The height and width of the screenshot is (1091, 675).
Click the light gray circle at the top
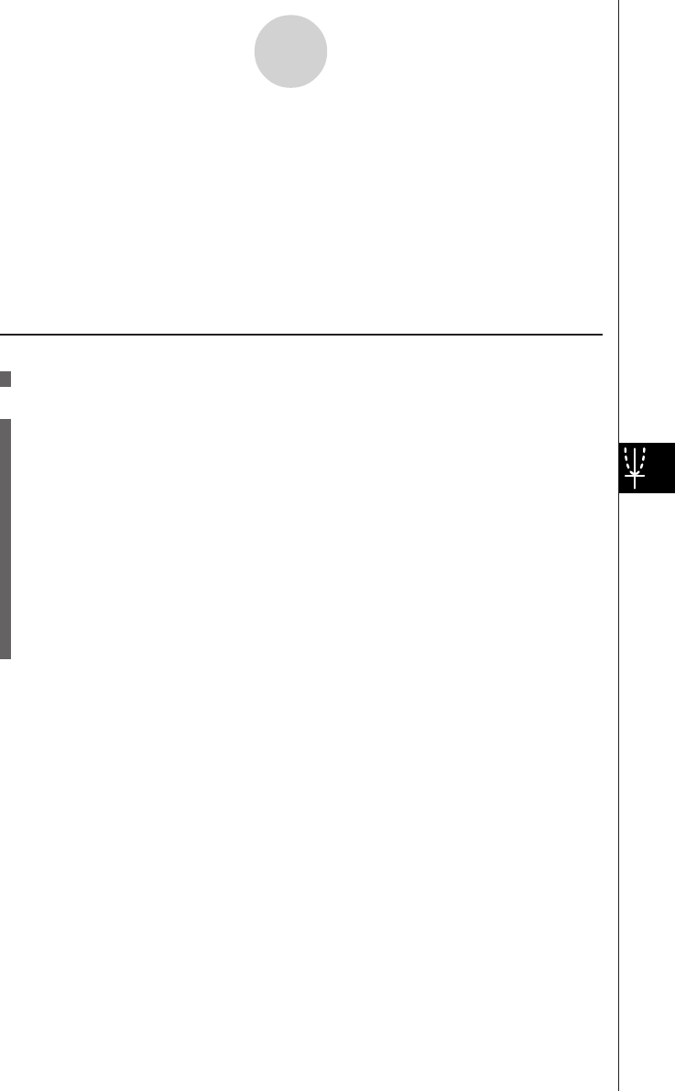(x=290, y=52)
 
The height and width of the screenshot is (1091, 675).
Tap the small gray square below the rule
(x=5, y=379)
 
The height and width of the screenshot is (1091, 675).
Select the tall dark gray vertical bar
(x=5, y=539)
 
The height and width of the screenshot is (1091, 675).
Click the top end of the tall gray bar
(x=5, y=423)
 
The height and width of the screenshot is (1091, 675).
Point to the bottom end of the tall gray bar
(x=5, y=656)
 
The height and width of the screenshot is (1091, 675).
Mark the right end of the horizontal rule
(x=601, y=334)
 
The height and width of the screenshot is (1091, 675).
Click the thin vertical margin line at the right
(x=618, y=733)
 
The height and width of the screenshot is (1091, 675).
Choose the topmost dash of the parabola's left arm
(x=627, y=449)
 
